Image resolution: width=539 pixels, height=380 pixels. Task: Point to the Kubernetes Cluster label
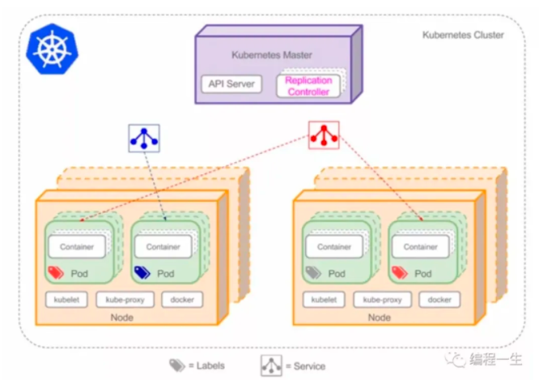click(x=462, y=35)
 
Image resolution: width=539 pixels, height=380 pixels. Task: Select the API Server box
click(x=231, y=83)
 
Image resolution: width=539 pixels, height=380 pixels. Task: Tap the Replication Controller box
click(x=308, y=86)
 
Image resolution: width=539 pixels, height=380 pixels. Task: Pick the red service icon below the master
click(x=324, y=134)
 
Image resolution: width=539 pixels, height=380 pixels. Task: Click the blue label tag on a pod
click(x=142, y=273)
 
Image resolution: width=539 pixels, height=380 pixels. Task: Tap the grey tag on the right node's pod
click(x=314, y=273)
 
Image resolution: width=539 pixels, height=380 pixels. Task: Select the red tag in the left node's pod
click(x=57, y=273)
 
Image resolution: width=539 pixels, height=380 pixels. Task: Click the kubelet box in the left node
click(x=66, y=300)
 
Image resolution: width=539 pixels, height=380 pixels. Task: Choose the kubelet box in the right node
click(x=325, y=300)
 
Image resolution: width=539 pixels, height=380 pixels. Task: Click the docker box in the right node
click(x=439, y=300)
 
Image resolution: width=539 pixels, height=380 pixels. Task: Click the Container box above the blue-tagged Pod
click(x=163, y=246)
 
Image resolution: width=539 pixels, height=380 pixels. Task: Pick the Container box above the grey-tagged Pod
click(x=333, y=246)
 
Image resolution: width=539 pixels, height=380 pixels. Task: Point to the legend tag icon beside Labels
click(x=177, y=365)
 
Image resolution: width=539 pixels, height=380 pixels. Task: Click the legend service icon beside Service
click(x=271, y=365)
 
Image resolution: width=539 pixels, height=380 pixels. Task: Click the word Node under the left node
click(x=121, y=318)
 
